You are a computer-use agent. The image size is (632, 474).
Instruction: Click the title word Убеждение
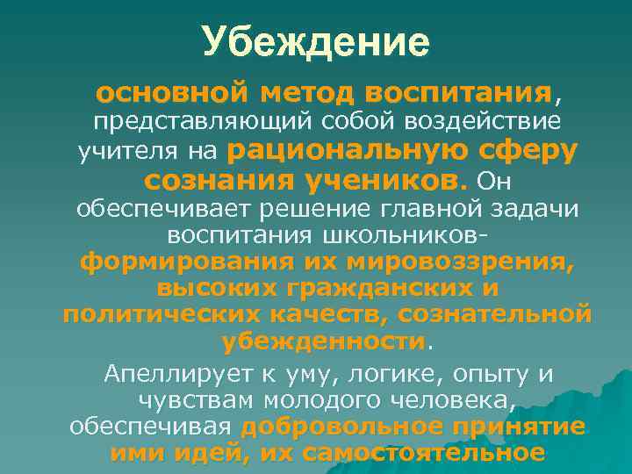[x=316, y=42]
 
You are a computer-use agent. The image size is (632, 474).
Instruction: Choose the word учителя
[x=140, y=152]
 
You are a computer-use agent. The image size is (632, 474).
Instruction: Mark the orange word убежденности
[x=323, y=341]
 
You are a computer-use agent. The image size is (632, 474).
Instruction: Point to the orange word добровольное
[x=341, y=427]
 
